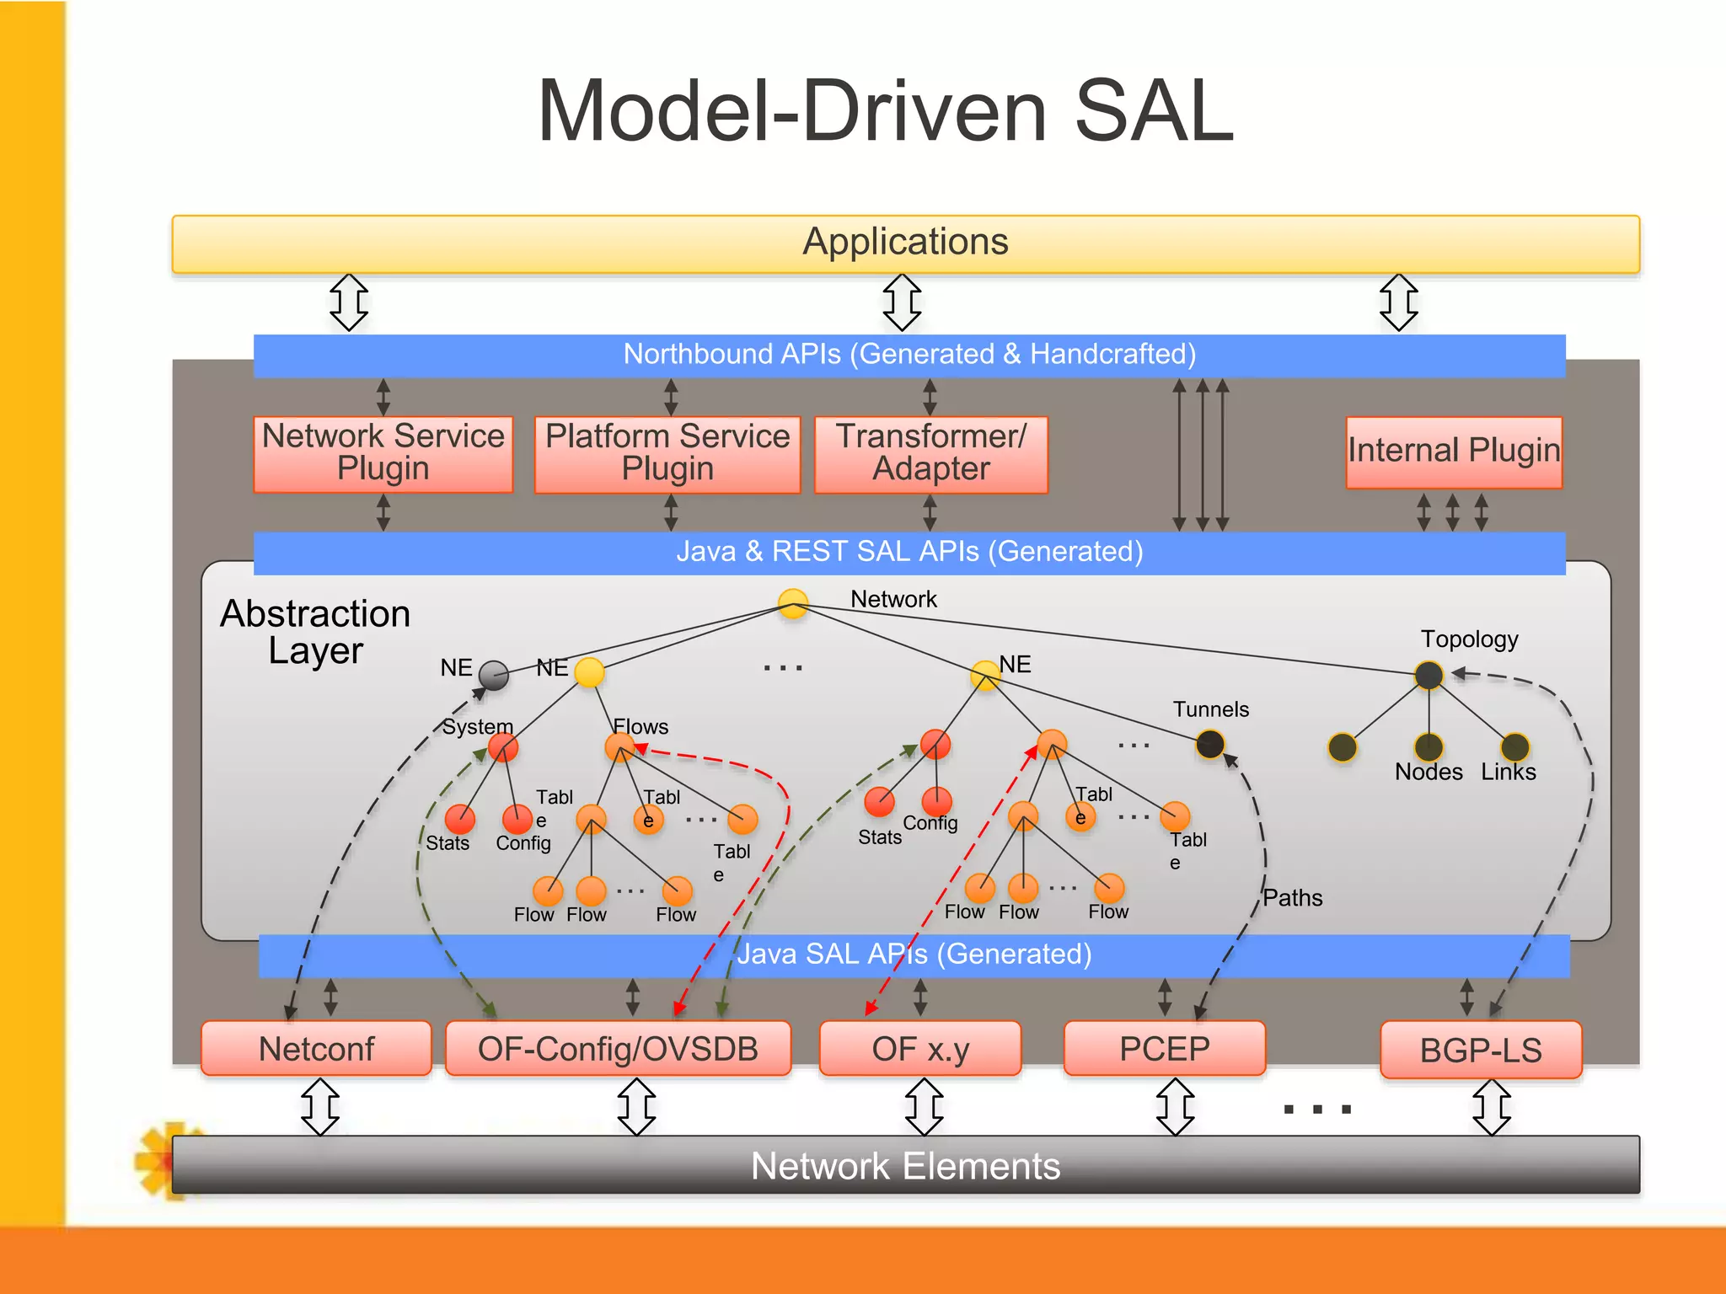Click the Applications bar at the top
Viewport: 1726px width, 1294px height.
(905, 243)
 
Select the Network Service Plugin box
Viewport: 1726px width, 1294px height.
(383, 453)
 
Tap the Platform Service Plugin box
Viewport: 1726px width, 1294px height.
(667, 453)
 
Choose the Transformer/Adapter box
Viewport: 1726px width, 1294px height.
(930, 453)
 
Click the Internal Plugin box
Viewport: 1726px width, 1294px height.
(1453, 452)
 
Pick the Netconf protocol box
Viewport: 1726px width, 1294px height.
(316, 1048)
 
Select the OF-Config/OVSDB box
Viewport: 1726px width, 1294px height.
(618, 1048)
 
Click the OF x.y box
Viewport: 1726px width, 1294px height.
(919, 1048)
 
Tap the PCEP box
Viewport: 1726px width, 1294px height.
(1164, 1048)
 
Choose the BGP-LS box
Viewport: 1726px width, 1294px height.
(1480, 1050)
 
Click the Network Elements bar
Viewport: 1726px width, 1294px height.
(905, 1165)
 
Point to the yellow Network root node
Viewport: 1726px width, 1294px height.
(792, 603)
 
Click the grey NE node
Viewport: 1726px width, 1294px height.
(494, 675)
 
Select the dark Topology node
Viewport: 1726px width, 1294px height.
(1429, 675)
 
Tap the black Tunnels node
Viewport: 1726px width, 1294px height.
(1210, 744)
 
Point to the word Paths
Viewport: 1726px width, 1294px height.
(1292, 898)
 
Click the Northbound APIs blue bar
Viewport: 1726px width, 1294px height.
(909, 355)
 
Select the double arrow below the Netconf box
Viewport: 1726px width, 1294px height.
(320, 1106)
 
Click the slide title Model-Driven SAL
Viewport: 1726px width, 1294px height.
(885, 111)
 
